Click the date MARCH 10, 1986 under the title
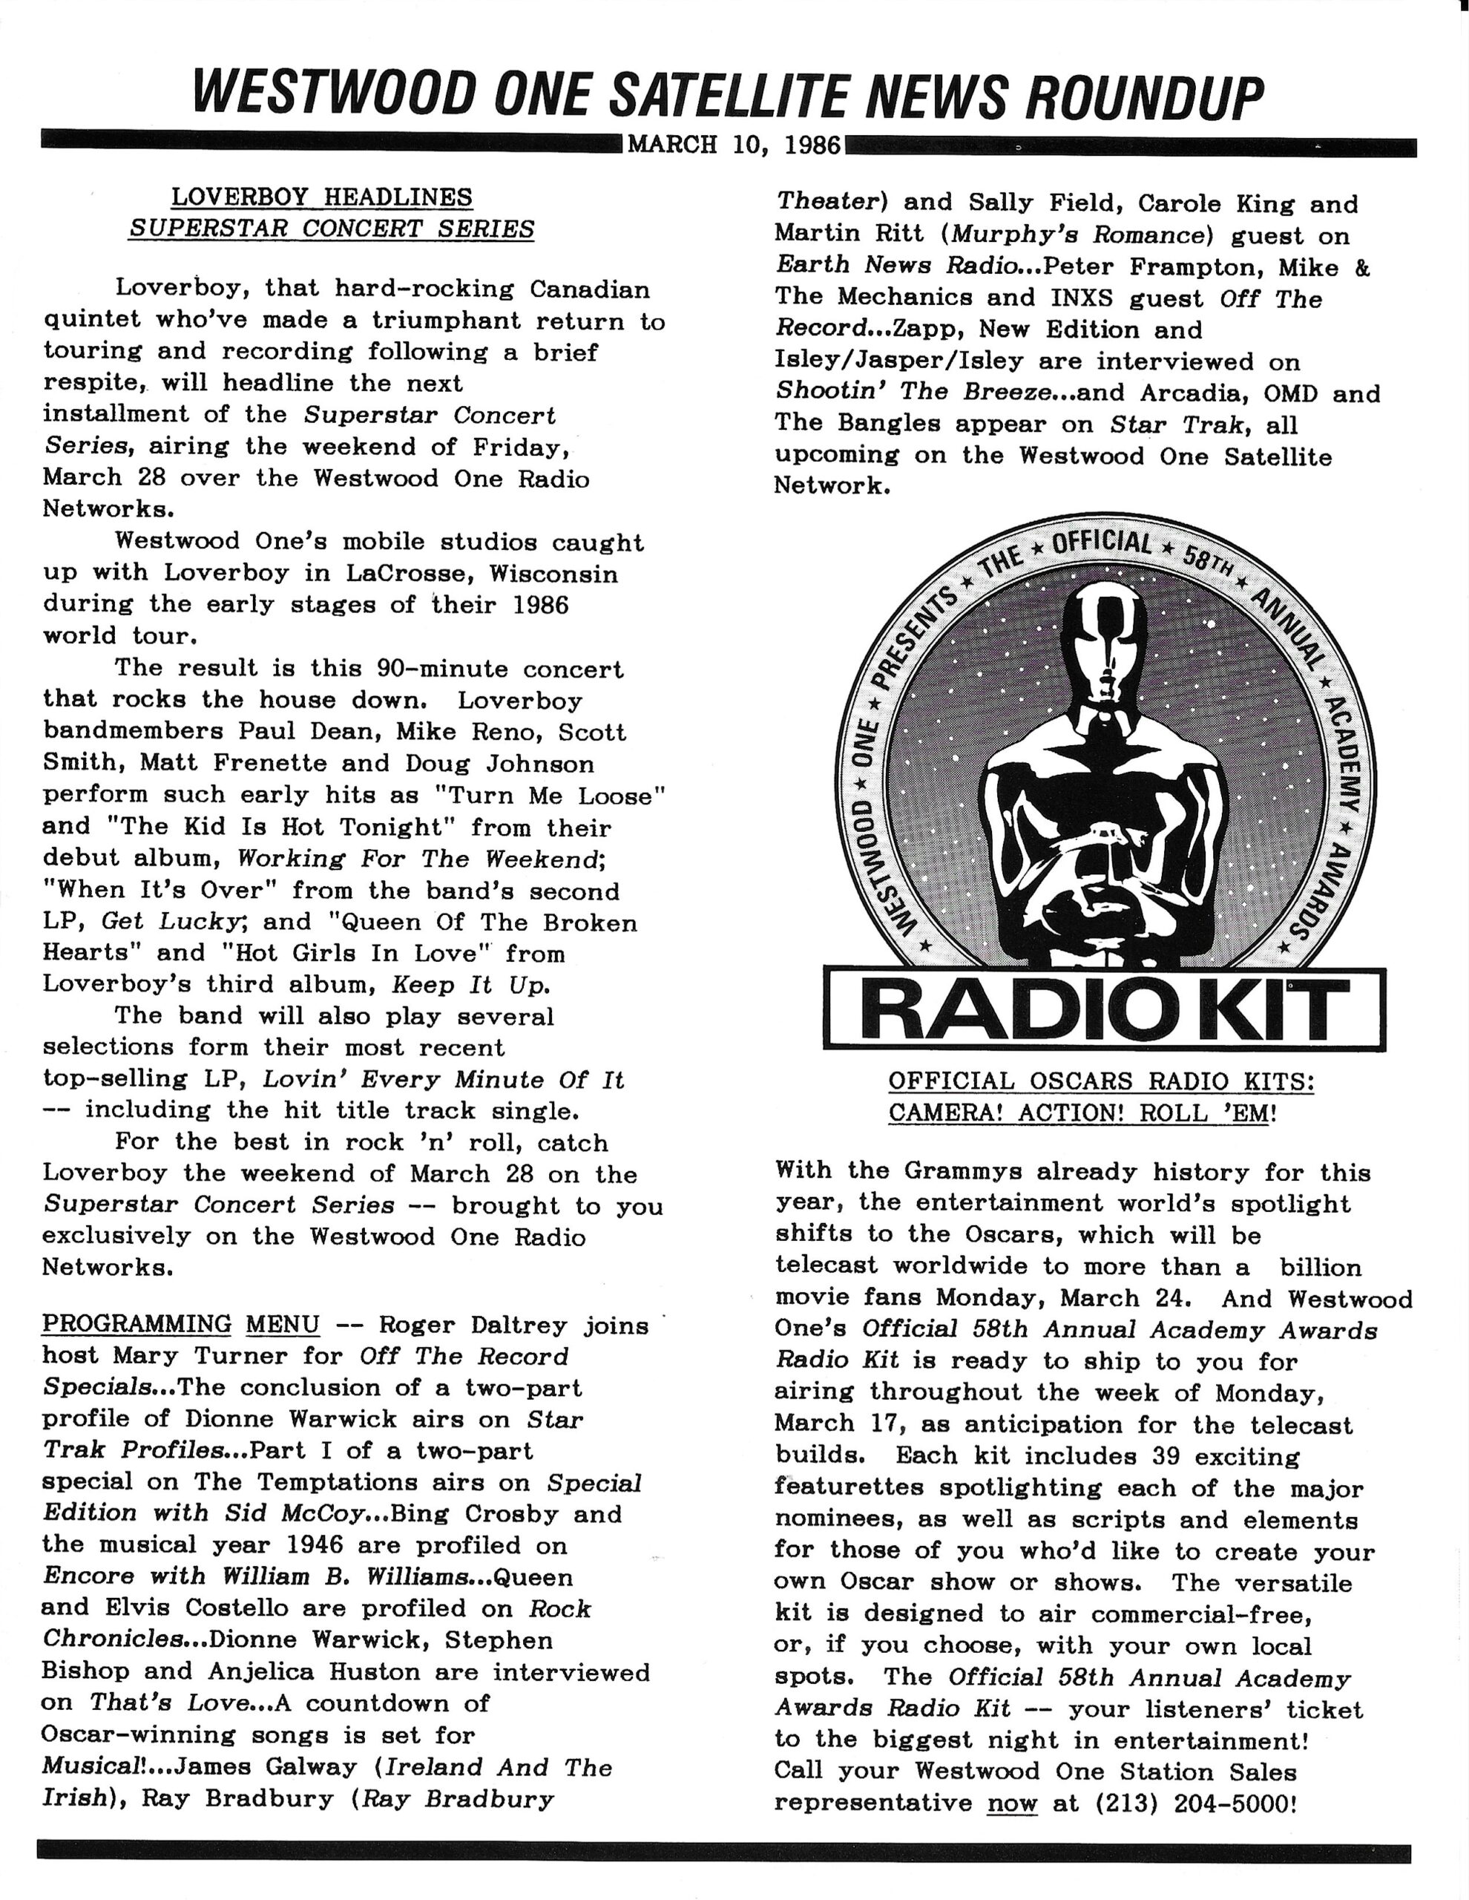(x=734, y=145)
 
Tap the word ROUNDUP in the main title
(x=1144, y=97)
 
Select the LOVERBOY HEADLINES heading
(x=322, y=197)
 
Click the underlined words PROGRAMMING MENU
(x=181, y=1325)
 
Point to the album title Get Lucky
(x=171, y=921)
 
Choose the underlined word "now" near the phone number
(x=1011, y=1803)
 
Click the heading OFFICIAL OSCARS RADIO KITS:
(x=1100, y=1081)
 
